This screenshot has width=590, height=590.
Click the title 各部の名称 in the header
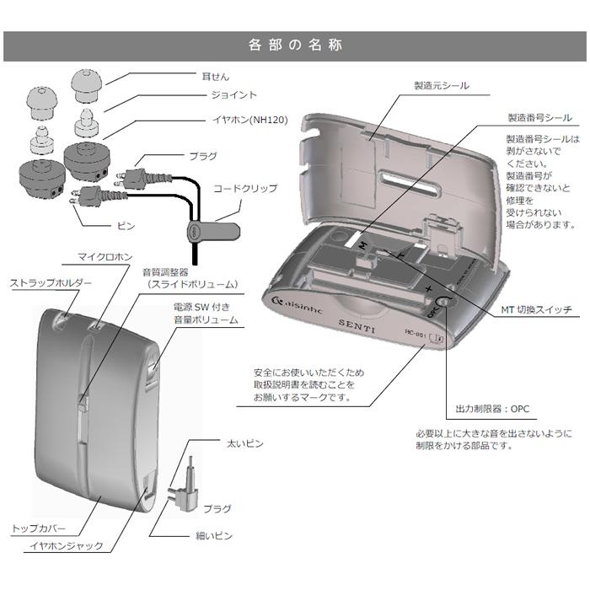tap(296, 46)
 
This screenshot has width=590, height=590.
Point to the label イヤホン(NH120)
tap(244, 120)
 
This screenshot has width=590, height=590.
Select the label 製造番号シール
tap(539, 120)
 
